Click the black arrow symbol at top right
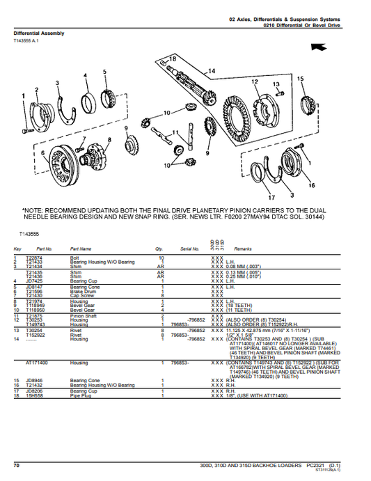point(320,46)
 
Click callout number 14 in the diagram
point(212,71)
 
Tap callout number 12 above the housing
point(255,81)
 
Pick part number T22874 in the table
point(34,257)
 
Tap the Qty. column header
point(159,249)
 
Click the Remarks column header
point(243,249)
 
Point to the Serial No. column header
point(190,249)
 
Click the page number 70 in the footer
point(16,464)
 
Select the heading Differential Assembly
point(39,33)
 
